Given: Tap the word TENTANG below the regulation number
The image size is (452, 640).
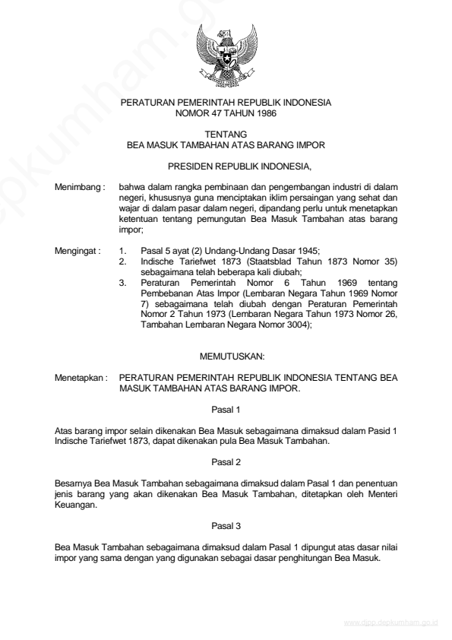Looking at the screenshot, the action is pos(226,133).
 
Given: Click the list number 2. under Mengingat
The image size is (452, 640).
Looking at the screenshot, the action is pos(124,261).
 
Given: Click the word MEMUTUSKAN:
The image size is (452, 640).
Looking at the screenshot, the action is pos(226,356).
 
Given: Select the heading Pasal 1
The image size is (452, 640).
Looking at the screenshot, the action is pos(226,409).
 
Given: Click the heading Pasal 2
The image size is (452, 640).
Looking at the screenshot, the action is pos(226,461).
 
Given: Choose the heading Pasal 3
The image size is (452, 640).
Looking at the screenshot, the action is pos(226,524).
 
